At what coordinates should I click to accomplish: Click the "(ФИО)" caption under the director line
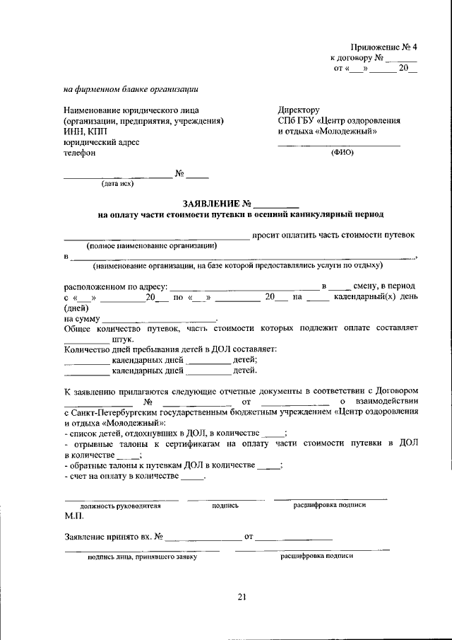(342, 152)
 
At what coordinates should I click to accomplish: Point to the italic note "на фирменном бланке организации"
(131, 89)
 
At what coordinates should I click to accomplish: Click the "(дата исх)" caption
(117, 183)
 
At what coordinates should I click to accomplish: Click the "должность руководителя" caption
(120, 506)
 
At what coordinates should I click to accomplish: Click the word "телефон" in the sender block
(79, 152)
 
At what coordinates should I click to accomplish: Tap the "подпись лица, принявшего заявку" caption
(142, 557)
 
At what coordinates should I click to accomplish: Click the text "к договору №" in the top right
(357, 58)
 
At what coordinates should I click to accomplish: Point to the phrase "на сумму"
(83, 318)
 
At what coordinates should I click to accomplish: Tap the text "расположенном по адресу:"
(115, 286)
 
